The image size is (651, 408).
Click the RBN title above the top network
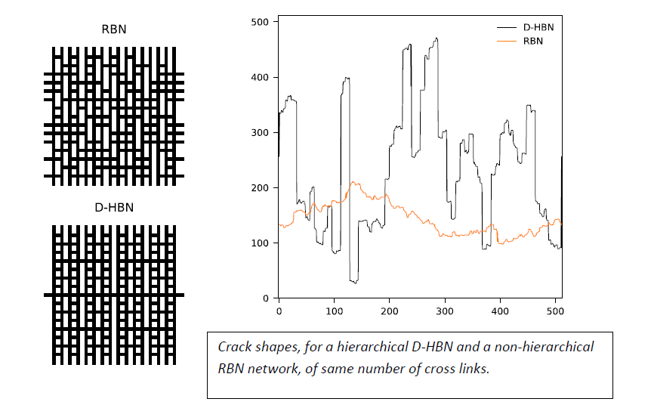tap(113, 30)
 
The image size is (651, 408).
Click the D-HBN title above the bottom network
tap(113, 207)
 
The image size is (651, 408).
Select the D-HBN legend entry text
tap(538, 26)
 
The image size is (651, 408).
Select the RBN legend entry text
tap(532, 41)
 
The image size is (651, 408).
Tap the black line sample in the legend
tap(505, 26)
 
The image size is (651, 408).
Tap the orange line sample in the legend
tap(505, 41)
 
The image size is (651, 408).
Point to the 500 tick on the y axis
tap(260, 22)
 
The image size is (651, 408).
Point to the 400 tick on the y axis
tap(260, 77)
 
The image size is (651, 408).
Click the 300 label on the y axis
tap(260, 132)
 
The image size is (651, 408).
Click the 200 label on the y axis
tap(260, 187)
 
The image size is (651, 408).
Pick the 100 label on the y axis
tap(260, 243)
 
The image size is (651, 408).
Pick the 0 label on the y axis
tap(266, 298)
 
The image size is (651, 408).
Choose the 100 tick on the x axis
tap(334, 311)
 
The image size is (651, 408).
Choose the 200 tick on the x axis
tap(390, 311)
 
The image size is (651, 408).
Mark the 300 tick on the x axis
tap(445, 311)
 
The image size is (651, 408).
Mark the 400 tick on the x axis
tap(500, 311)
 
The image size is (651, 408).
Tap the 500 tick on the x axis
tap(555, 311)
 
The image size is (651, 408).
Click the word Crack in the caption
tap(233, 348)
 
